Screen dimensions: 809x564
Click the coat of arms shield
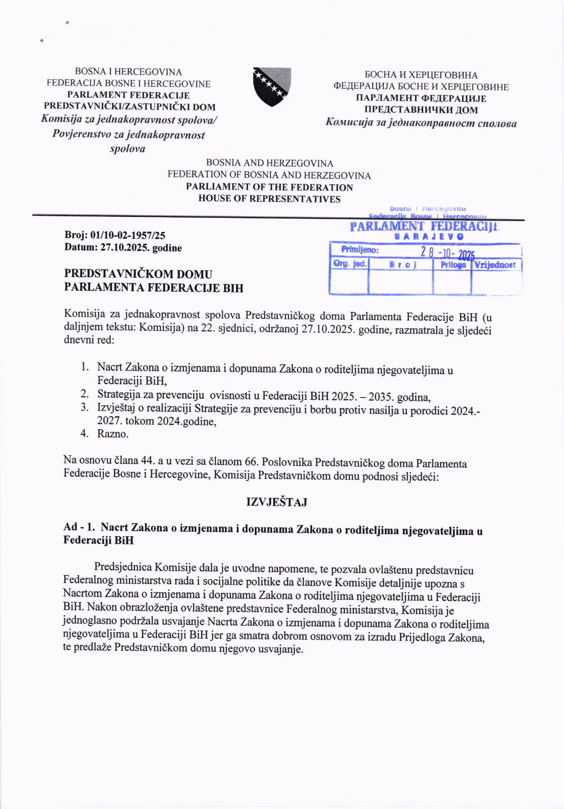pos(272,87)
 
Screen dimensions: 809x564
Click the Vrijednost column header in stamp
pos(495,265)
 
